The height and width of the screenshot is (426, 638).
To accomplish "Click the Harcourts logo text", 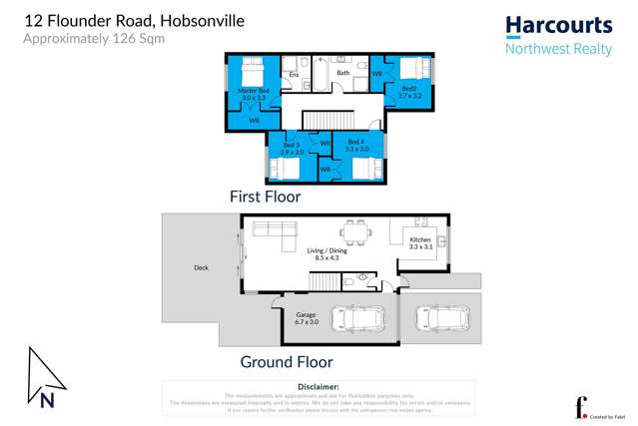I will point(558,26).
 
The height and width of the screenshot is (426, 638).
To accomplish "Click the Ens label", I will point(294,75).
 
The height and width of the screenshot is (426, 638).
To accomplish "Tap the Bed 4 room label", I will point(355,145).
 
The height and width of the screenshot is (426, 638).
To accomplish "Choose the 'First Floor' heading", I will point(265,197).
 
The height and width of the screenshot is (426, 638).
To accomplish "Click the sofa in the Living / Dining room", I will point(274,233).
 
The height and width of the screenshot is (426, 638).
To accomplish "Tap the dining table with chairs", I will point(355,231).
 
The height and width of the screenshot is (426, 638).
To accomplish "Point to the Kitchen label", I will point(420,240).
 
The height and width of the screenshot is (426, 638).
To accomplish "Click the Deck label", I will point(201,267).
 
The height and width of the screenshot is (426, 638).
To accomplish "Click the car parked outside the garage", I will point(442,318).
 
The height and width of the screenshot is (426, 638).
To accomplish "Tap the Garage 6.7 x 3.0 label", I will point(306,318).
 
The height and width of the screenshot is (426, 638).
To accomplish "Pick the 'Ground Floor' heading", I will point(287,362).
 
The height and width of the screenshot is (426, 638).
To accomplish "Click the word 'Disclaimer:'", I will point(319,386).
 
